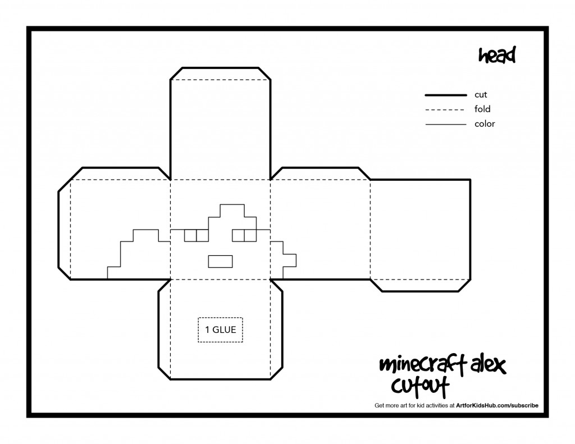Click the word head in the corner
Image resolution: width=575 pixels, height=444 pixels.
click(497, 55)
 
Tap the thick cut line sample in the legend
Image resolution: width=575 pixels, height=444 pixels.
click(445, 95)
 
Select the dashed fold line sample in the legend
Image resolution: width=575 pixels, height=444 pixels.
click(445, 109)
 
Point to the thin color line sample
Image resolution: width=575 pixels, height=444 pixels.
click(445, 125)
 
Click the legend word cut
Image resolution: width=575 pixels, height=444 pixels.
click(481, 95)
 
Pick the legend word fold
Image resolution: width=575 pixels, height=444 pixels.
click(482, 109)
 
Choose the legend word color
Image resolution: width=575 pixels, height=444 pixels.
click(485, 124)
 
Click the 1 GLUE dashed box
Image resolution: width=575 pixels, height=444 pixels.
click(220, 330)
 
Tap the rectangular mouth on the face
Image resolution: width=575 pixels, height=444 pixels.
click(220, 262)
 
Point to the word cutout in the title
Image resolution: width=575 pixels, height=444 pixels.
click(420, 386)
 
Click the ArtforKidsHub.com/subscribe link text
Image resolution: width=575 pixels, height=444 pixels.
click(497, 405)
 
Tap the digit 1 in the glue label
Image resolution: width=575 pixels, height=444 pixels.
click(207, 329)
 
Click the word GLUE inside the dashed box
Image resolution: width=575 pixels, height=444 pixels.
click(224, 329)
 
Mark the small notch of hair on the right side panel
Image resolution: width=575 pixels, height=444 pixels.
click(289, 260)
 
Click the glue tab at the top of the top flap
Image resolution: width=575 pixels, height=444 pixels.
click(220, 74)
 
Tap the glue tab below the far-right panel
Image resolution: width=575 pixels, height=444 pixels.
click(420, 286)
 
